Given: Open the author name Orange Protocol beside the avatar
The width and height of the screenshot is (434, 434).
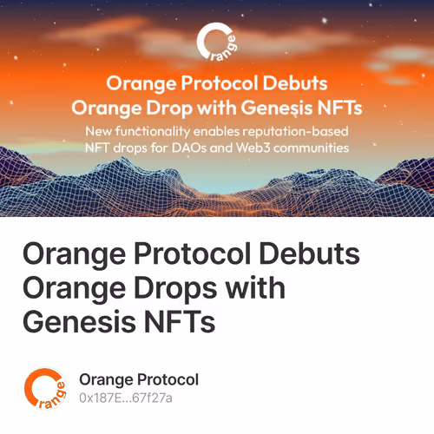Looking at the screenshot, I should click(139, 379).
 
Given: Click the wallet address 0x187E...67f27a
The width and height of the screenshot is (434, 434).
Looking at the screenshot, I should click(126, 398).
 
